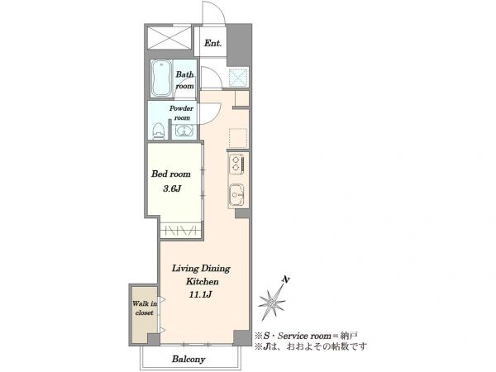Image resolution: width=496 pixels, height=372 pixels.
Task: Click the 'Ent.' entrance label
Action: tap(212, 43)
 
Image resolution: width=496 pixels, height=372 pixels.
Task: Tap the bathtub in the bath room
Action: tap(161, 79)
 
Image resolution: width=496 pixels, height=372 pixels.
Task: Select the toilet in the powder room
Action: tap(158, 131)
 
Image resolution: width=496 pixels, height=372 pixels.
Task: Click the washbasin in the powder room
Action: tap(184, 131)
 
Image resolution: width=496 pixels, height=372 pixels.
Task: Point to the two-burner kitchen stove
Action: tap(236, 164)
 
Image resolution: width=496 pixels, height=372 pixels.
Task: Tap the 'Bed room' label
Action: tap(171, 174)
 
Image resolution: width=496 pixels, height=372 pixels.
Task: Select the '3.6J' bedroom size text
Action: tap(172, 188)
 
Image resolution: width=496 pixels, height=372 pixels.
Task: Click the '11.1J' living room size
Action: tap(200, 295)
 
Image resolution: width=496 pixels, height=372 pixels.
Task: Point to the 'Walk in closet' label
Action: tap(145, 308)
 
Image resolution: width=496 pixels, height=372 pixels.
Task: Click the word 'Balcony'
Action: tap(188, 359)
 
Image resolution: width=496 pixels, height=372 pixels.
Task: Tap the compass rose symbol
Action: tap(271, 303)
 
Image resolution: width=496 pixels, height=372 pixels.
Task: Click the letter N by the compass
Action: tap(286, 279)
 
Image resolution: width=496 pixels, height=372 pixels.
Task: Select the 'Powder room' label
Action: tap(181, 113)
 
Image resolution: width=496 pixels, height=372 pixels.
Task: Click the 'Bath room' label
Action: tap(184, 80)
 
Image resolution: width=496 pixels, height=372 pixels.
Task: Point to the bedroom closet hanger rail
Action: tap(180, 230)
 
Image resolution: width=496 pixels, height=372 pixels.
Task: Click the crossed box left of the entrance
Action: tap(169, 38)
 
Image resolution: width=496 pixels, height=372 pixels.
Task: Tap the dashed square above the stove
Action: tap(238, 139)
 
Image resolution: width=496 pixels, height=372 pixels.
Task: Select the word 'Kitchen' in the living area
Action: tap(203, 281)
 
